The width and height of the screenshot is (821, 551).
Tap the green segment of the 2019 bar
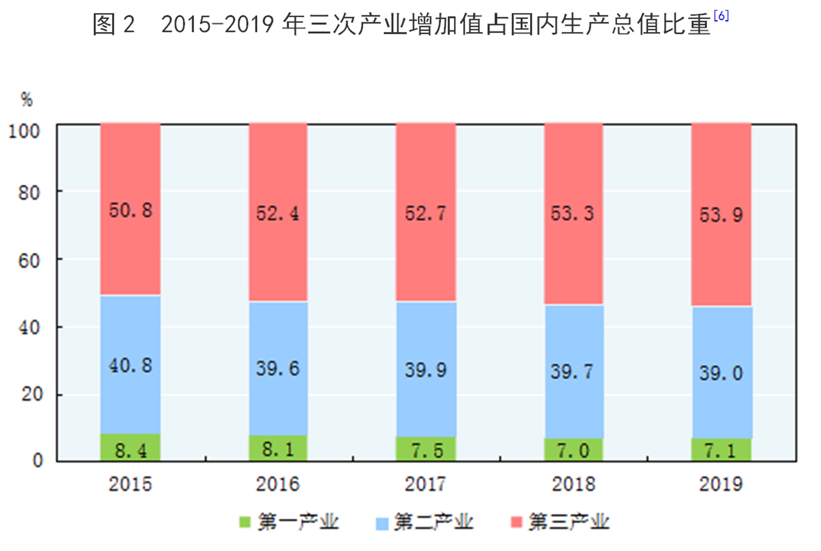pos(721,450)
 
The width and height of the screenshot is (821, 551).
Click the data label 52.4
pos(277,213)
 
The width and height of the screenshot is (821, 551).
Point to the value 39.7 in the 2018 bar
pos(572,371)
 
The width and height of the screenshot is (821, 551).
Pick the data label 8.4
pos(131,451)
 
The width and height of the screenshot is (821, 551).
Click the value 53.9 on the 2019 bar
pos(721,215)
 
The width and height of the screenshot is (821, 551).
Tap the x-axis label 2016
pos(277,484)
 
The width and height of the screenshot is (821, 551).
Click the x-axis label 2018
pos(573,484)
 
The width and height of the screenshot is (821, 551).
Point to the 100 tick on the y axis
pos(24,132)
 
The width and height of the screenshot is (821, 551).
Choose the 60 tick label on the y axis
pos(29,261)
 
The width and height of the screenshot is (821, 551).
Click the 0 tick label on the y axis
pos(37,460)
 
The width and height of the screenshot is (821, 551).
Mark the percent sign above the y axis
pos(27,100)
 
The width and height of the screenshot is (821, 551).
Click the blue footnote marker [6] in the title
pos(721,16)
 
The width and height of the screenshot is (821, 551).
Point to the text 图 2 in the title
pos(114,25)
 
